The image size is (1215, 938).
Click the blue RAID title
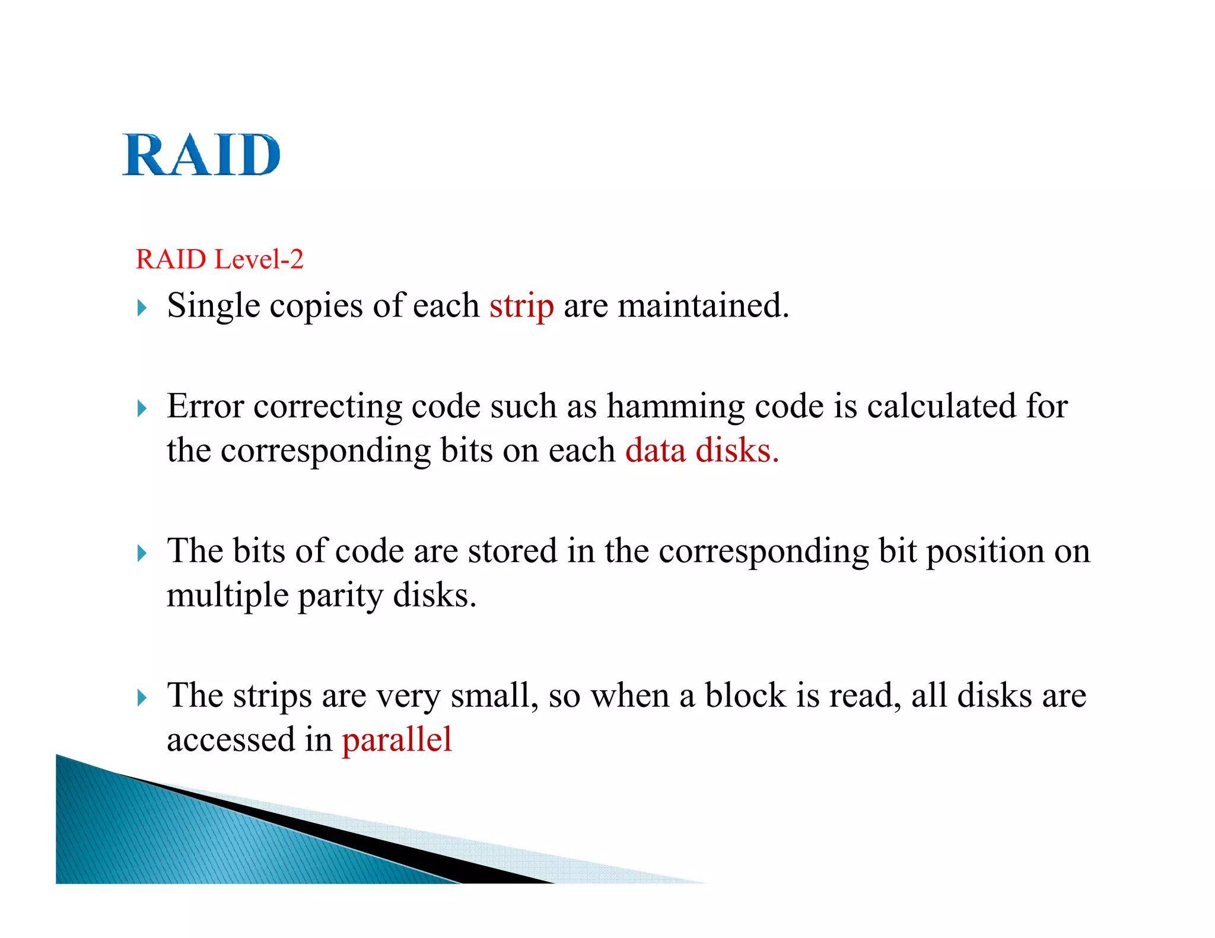(201, 155)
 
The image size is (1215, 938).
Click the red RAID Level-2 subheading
(220, 260)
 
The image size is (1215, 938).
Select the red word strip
(521, 307)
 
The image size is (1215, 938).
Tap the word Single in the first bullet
(214, 307)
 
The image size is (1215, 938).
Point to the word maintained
(703, 306)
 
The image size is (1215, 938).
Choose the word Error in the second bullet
(205, 407)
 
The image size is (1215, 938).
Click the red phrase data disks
(701, 451)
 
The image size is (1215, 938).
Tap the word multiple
(227, 595)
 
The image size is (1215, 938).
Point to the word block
(745, 695)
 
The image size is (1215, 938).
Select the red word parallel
(397, 740)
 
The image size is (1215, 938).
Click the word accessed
(231, 740)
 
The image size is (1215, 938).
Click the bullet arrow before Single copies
(141, 308)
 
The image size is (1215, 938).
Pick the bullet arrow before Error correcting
(141, 409)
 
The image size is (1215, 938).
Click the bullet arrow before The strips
(141, 697)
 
